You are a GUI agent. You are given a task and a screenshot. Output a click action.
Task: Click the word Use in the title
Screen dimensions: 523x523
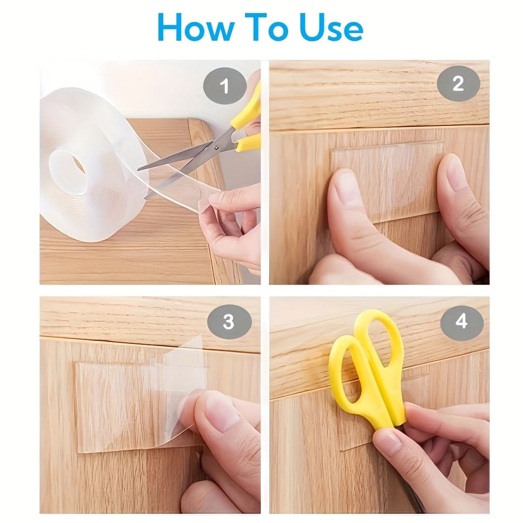pyautogui.click(x=331, y=27)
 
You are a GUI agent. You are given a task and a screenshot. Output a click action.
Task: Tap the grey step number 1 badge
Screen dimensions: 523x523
pyautogui.click(x=225, y=86)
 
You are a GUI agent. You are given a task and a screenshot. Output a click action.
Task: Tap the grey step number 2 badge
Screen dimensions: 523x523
pyautogui.click(x=458, y=83)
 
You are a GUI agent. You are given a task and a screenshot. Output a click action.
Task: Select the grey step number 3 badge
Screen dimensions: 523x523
pyautogui.click(x=229, y=322)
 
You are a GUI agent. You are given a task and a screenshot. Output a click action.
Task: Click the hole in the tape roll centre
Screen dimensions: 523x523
pyautogui.click(x=68, y=173)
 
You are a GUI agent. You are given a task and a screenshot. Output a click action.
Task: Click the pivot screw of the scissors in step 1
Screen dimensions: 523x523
pyautogui.click(x=216, y=147)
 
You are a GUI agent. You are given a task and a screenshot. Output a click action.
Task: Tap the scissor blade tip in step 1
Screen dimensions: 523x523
pyautogui.click(x=138, y=169)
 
